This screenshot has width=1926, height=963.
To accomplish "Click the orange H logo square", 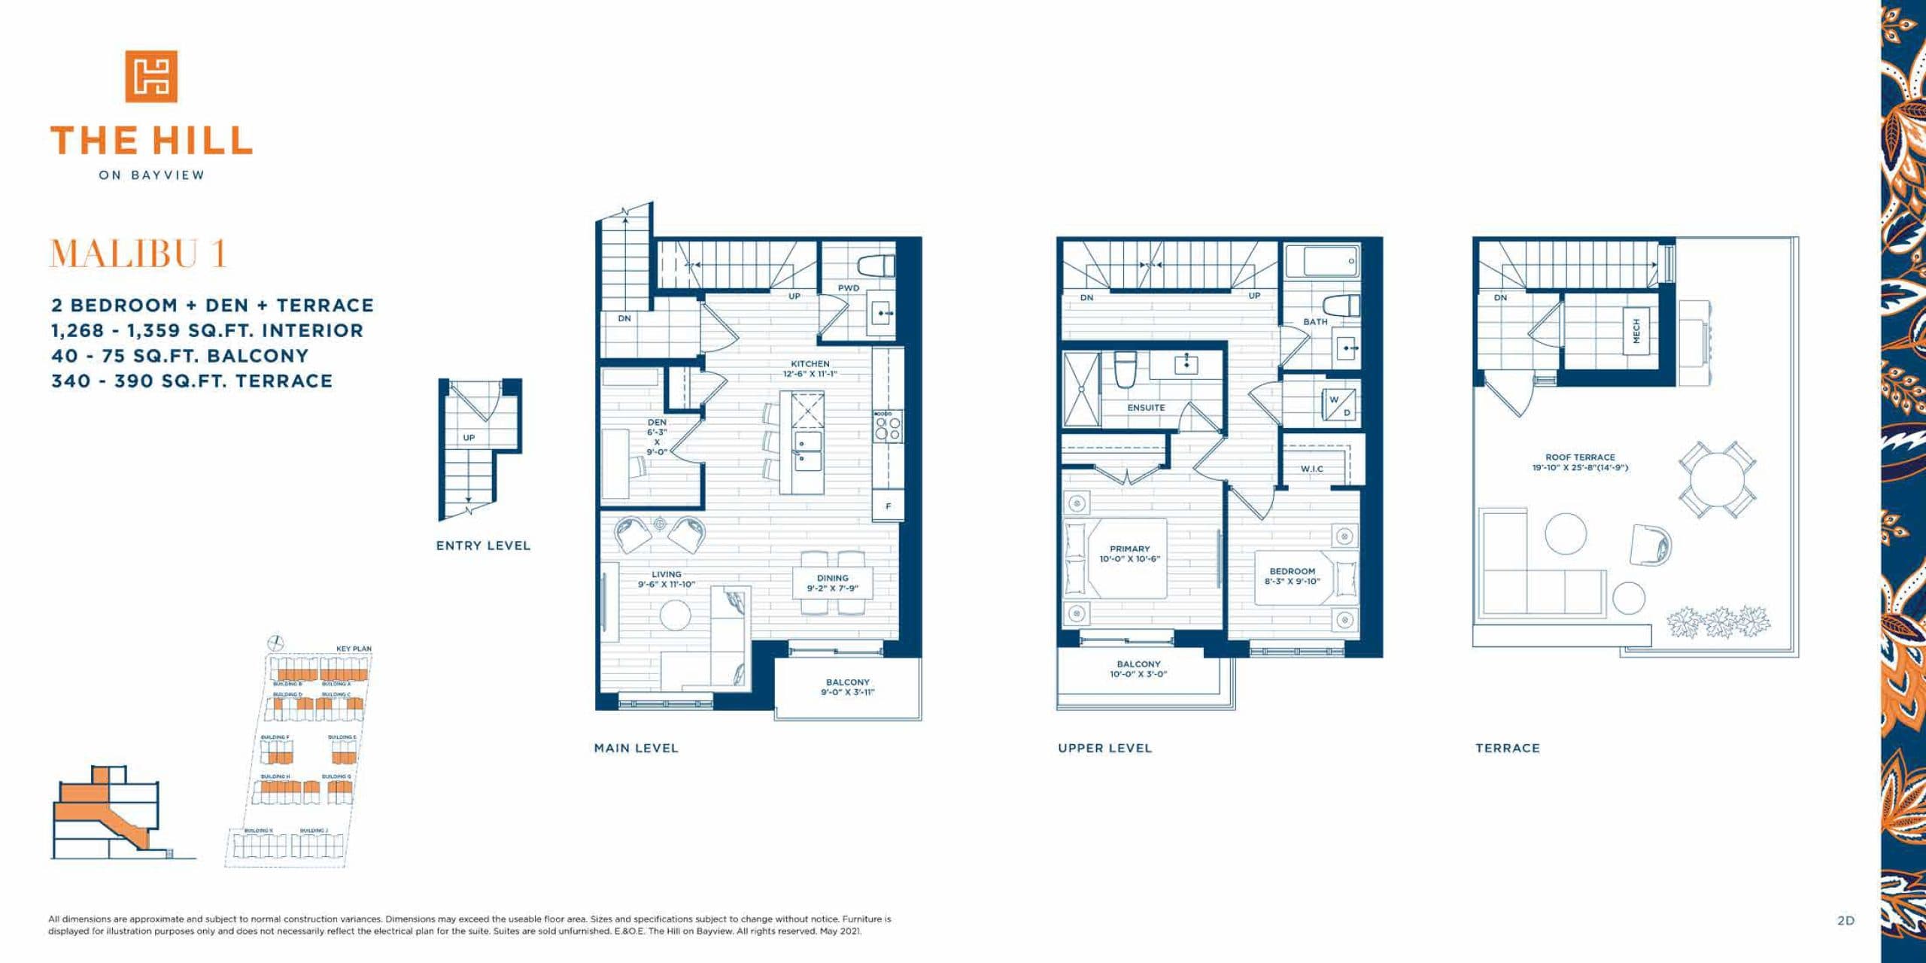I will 151,76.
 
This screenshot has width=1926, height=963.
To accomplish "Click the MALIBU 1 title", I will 138,254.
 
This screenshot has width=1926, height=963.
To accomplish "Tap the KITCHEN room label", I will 810,368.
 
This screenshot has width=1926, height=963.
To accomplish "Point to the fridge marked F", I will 888,506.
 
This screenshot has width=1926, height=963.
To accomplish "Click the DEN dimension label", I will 657,437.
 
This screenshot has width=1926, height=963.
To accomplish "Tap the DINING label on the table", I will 833,583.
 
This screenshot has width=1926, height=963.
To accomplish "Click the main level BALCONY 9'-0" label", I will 847,687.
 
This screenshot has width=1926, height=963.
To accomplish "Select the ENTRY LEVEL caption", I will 483,545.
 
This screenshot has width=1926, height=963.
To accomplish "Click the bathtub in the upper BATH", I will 1322,262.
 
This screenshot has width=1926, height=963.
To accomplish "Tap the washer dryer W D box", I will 1340,405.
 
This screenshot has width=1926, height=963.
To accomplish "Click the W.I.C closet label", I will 1312,469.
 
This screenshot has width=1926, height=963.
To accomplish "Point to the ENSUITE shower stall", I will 1080,390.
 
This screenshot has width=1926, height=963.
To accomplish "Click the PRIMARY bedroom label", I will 1129,554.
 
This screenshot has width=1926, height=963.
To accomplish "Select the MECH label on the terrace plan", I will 1636,330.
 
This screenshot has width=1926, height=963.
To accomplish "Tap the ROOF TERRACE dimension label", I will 1580,462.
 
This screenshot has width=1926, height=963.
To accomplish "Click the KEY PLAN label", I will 354,649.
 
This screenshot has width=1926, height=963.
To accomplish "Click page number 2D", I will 1845,920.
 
